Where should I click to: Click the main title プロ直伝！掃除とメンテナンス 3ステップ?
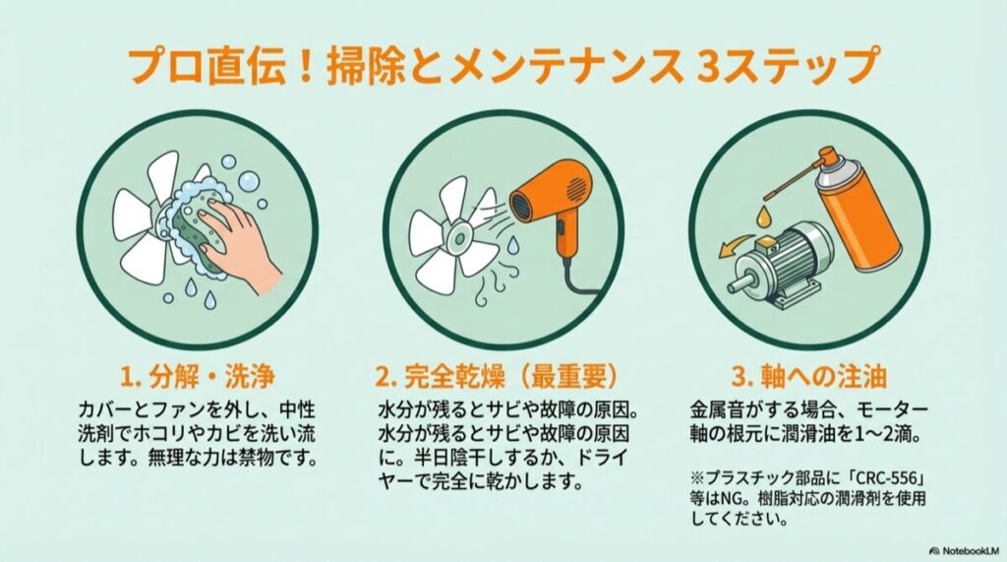[503, 65]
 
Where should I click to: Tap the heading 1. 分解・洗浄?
[197, 376]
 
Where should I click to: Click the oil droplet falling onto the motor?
[764, 211]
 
